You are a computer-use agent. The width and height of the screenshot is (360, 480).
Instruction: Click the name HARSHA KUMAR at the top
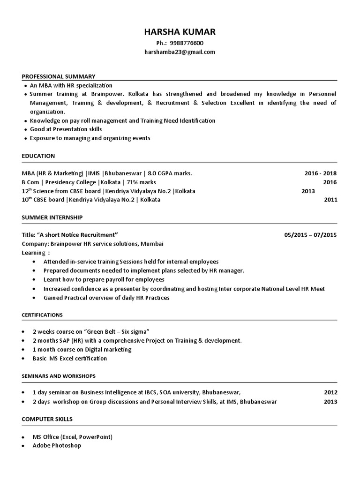click(180, 32)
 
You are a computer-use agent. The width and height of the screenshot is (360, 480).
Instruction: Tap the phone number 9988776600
click(187, 43)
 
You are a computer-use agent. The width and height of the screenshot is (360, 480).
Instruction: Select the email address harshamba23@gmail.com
click(180, 52)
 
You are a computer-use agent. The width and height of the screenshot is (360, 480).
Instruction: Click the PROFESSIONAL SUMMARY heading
click(59, 76)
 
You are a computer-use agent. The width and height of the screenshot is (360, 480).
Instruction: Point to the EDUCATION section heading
click(38, 156)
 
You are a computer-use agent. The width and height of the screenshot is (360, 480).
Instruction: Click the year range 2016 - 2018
click(321, 173)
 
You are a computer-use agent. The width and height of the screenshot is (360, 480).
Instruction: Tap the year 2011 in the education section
click(330, 200)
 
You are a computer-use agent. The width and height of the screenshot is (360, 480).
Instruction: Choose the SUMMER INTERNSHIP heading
click(52, 217)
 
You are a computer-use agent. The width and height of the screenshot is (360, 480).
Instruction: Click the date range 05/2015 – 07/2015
click(310, 235)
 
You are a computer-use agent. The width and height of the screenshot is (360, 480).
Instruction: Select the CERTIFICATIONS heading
click(42, 315)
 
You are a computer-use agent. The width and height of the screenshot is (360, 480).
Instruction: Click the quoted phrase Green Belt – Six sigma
click(117, 332)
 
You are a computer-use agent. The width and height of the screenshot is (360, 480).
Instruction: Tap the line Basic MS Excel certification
click(69, 359)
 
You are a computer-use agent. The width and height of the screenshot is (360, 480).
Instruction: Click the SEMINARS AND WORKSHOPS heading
click(59, 376)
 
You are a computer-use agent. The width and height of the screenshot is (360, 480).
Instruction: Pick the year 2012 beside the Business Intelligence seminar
click(330, 393)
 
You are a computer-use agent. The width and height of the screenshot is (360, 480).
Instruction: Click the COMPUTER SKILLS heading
click(47, 419)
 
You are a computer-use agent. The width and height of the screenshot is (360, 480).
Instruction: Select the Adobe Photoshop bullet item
click(56, 445)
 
